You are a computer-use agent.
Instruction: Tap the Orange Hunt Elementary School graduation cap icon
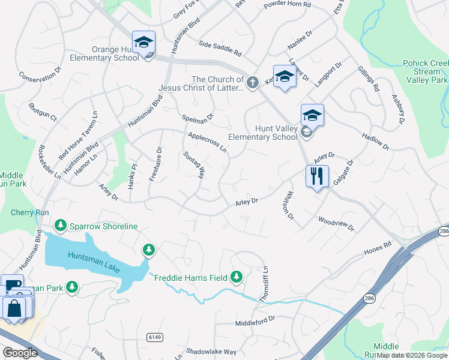click(143, 42)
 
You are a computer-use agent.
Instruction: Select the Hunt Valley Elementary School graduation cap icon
click(312, 115)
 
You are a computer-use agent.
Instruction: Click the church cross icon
click(253, 82)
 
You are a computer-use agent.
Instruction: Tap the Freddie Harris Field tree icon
click(237, 277)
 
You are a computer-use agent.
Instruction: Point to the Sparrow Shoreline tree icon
click(60, 226)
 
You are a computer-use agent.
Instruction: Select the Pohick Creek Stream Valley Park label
click(426, 71)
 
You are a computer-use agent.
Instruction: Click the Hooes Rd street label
click(378, 248)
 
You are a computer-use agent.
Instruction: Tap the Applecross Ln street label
click(206, 142)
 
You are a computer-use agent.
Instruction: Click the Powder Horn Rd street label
click(287, 5)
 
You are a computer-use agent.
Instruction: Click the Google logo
click(19, 352)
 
